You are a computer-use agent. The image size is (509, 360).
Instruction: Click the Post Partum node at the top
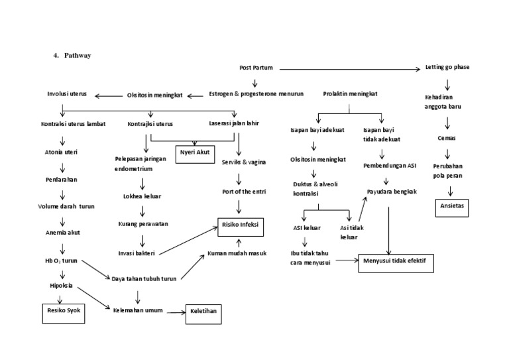point(256,68)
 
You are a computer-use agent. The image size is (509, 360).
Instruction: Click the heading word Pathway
point(78,55)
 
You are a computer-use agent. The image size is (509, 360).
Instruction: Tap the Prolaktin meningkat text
point(351,94)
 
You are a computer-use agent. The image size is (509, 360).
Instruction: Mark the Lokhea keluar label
point(142,196)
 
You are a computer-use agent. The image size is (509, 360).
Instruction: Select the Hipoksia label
point(61,286)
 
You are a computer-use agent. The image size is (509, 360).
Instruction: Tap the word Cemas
point(447,138)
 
